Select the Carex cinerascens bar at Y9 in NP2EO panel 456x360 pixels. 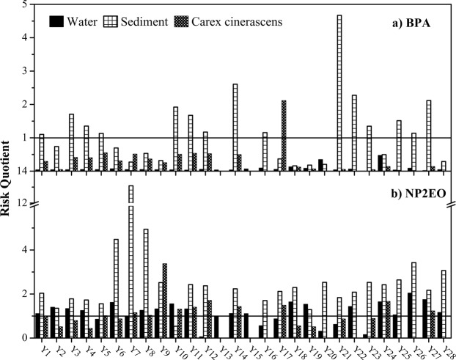[x=165, y=300]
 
